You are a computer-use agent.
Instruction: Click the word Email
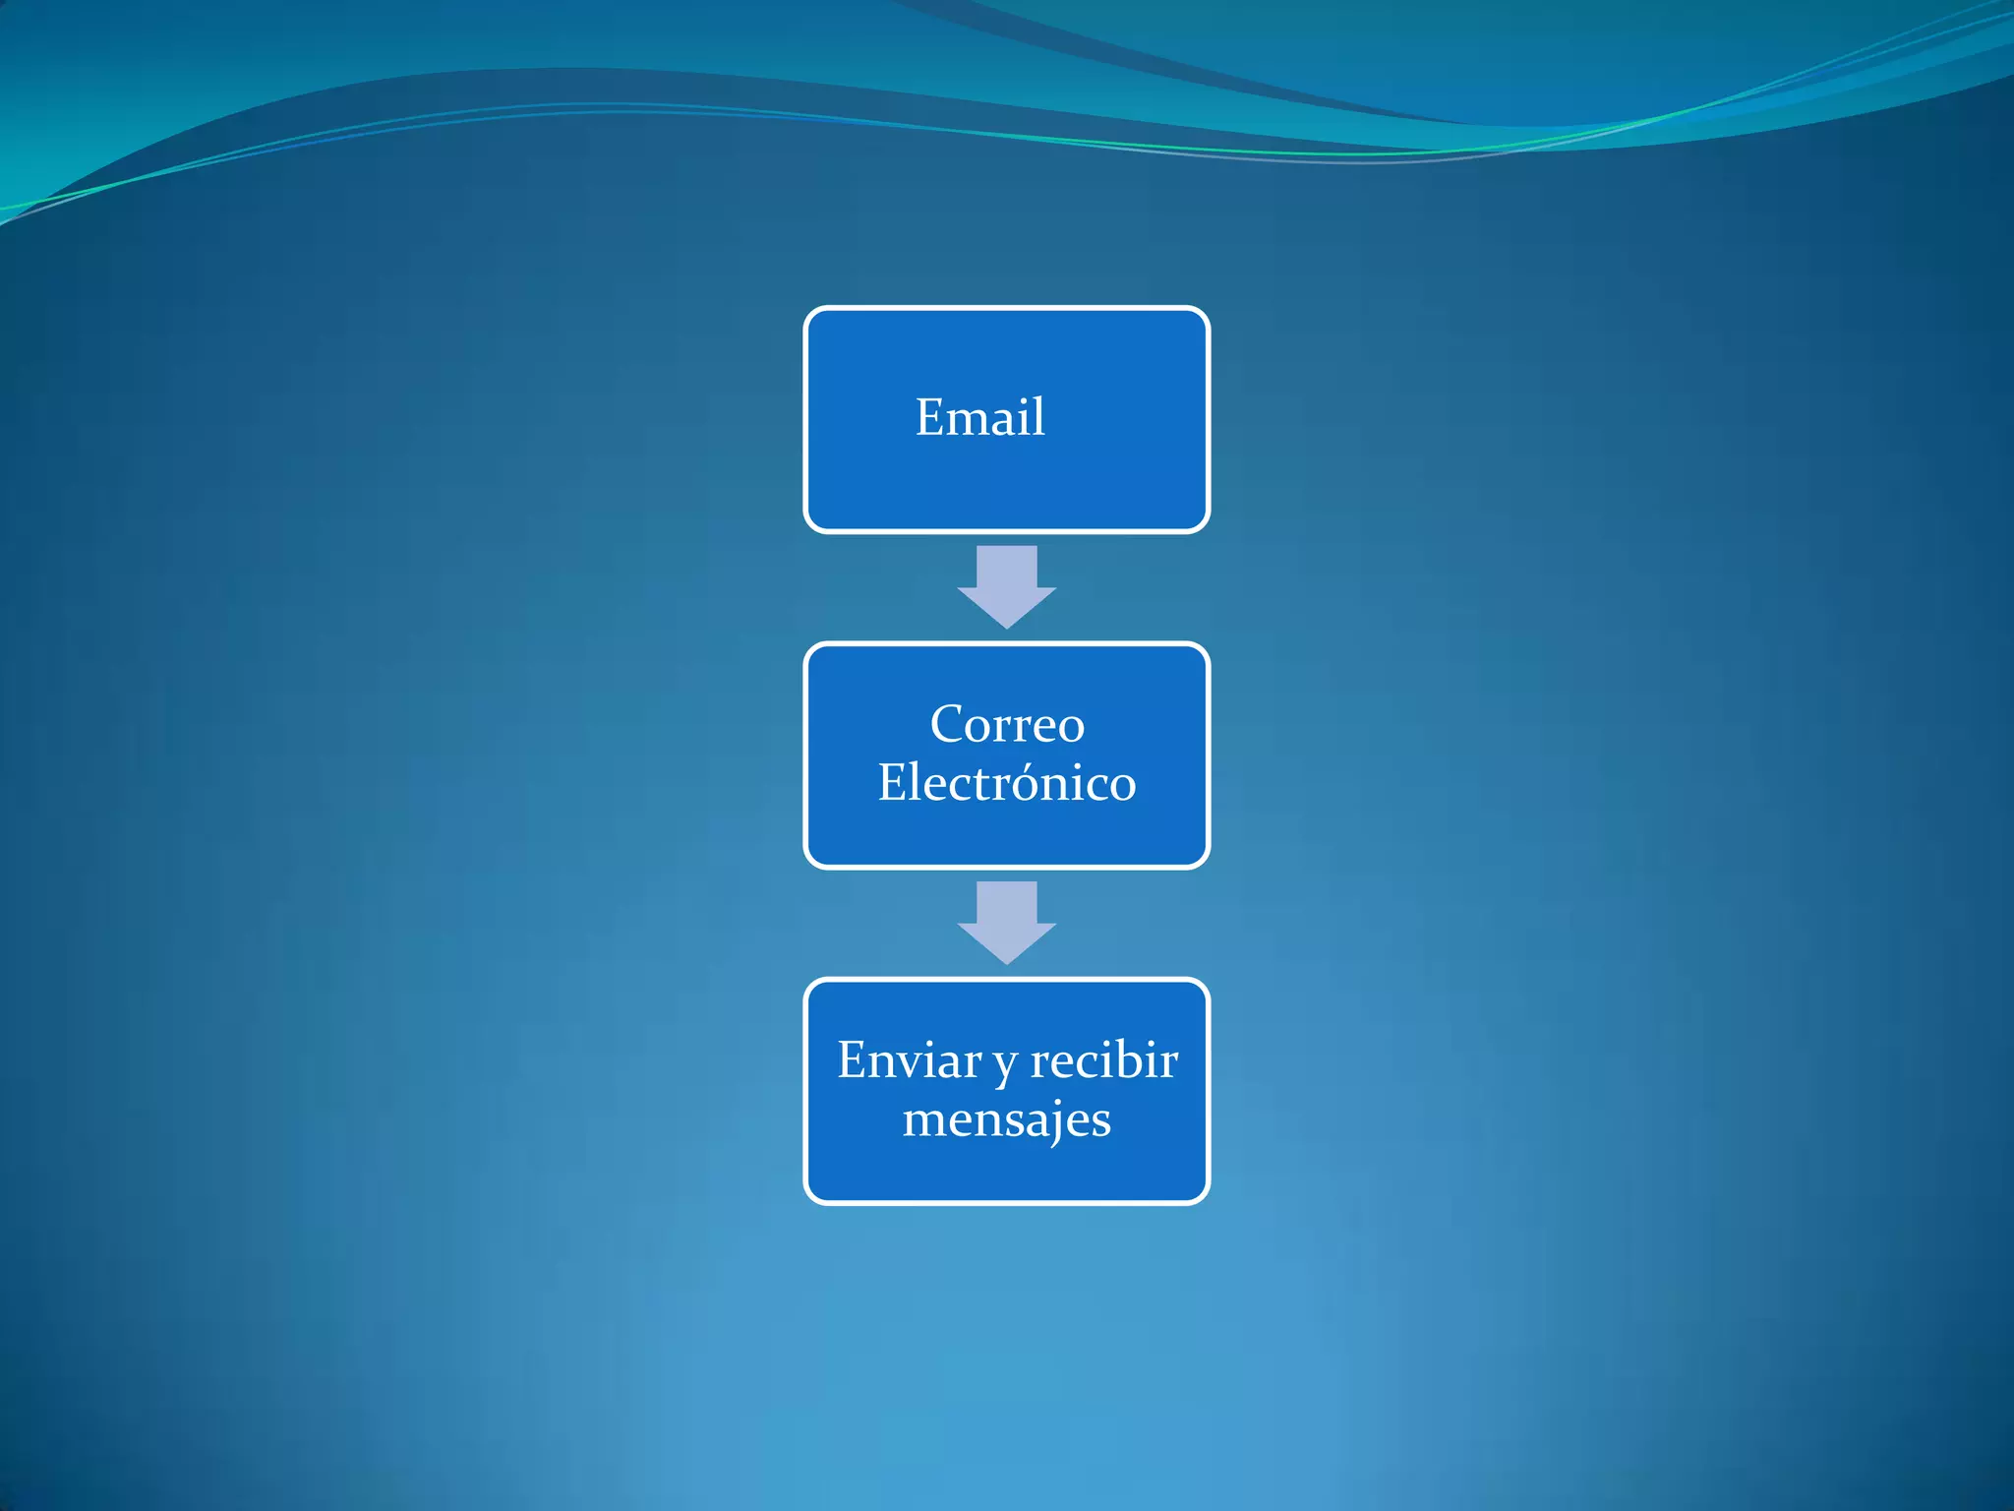click(979, 417)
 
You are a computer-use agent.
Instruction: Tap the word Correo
click(1007, 725)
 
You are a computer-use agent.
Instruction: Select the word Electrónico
click(1007, 783)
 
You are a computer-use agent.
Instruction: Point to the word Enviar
click(909, 1060)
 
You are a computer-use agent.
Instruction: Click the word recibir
click(1103, 1060)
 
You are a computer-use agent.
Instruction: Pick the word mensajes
click(1007, 1119)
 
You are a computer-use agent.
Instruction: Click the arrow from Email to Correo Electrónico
click(1007, 586)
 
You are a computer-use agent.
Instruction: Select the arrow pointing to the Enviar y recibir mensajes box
click(1007, 922)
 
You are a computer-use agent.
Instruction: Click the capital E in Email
click(930, 417)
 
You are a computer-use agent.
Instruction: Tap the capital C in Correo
click(947, 725)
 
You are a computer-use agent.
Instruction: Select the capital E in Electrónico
click(893, 783)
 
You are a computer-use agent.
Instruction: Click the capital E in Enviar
click(852, 1060)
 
